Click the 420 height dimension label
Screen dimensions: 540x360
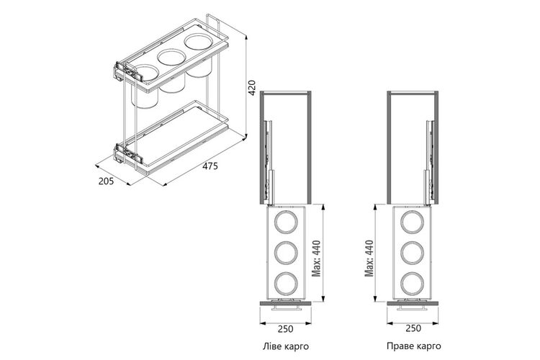[x=252, y=88]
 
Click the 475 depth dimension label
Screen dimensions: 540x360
[x=210, y=166]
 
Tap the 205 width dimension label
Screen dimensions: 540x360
[x=106, y=181]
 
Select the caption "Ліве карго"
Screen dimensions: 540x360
[x=286, y=346]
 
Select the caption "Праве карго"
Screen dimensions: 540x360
[x=413, y=346]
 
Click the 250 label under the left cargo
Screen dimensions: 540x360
[x=286, y=329]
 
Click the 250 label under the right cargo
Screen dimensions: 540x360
[x=413, y=328]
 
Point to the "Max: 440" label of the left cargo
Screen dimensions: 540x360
[x=316, y=258]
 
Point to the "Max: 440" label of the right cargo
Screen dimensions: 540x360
[x=369, y=258]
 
